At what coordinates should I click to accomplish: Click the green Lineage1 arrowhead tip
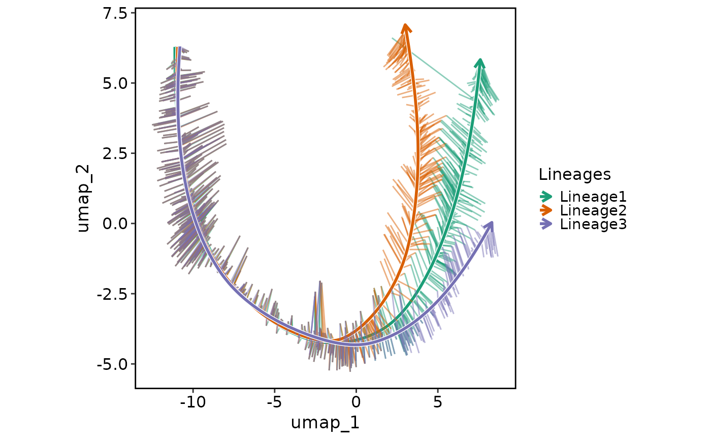[x=480, y=59]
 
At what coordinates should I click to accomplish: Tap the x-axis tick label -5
[x=274, y=402]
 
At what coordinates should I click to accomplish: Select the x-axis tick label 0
[x=356, y=402]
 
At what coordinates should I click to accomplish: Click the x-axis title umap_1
[x=325, y=423]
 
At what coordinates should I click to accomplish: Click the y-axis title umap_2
[x=83, y=198]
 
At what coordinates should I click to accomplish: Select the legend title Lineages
[x=574, y=175]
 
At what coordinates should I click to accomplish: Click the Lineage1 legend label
[x=593, y=197]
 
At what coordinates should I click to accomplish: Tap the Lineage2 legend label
[x=593, y=210]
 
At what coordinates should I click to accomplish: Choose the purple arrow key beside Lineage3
[x=546, y=224]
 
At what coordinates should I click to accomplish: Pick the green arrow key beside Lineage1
[x=546, y=197]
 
